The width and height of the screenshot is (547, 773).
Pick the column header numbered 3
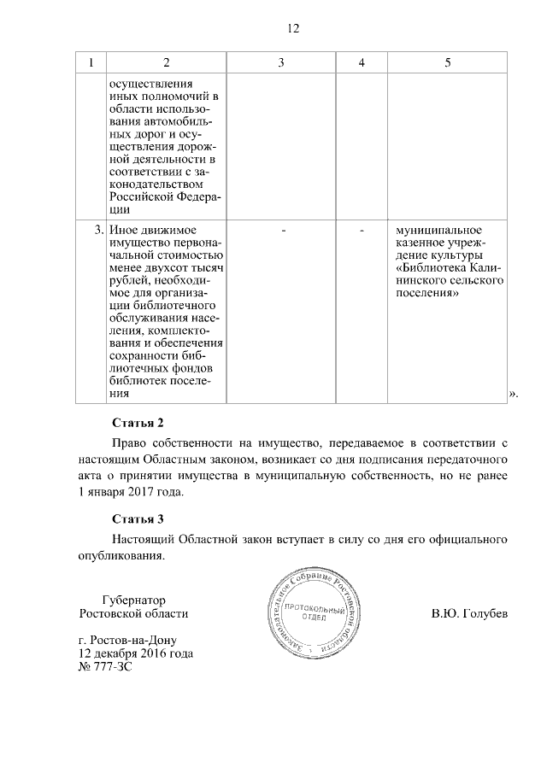tap(281, 63)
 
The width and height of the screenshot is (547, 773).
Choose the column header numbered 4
tap(362, 63)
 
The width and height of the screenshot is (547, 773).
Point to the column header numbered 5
tap(448, 63)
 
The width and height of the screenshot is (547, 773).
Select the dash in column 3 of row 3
tap(283, 231)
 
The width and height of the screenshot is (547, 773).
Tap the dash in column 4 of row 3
tap(362, 231)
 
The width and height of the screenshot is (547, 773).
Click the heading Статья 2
tap(137, 422)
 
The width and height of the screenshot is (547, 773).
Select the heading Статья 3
tap(137, 518)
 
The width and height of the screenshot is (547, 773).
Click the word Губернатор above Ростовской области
tap(132, 600)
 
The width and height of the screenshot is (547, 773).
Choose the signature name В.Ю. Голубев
tap(470, 614)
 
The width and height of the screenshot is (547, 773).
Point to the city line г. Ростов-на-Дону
tap(129, 640)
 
